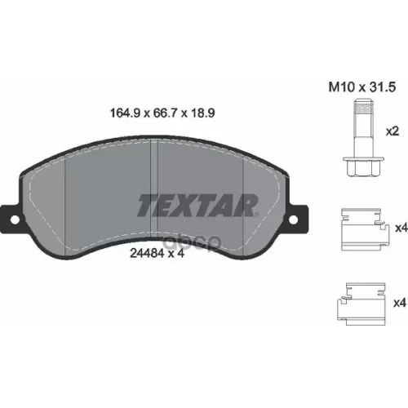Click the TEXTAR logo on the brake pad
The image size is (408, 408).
(197, 205)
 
